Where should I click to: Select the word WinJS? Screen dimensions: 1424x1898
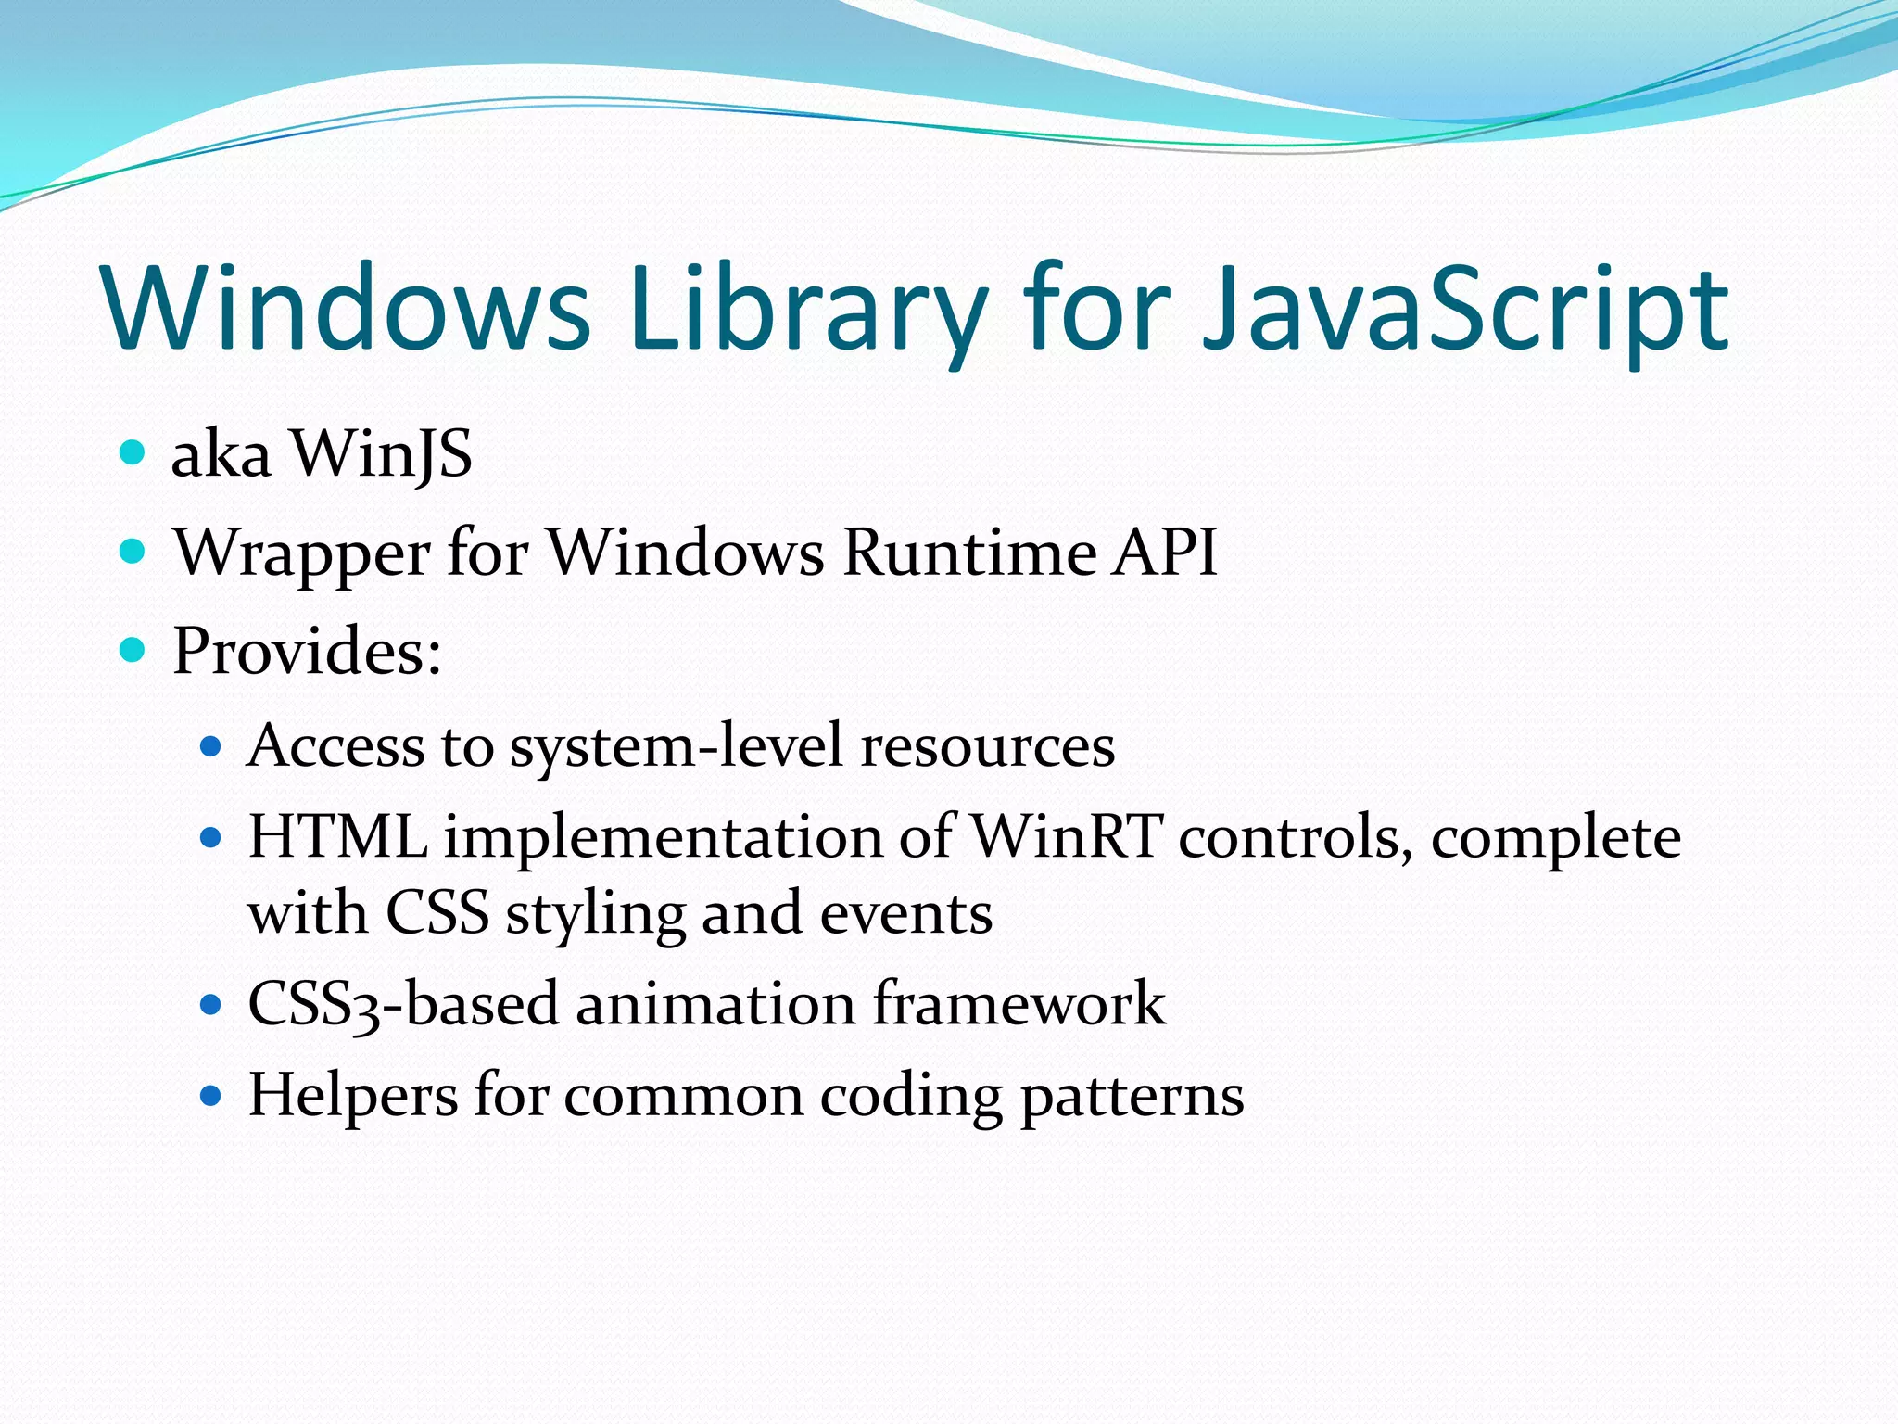click(x=381, y=454)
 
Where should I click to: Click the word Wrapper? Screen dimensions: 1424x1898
click(x=301, y=553)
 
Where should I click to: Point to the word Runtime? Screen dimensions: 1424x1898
click(x=969, y=553)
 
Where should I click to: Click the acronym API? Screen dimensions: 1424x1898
click(x=1165, y=553)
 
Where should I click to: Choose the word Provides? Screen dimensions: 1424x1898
click(x=307, y=651)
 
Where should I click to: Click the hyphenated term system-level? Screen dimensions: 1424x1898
click(x=677, y=747)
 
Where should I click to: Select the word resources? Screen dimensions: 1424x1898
click(x=987, y=745)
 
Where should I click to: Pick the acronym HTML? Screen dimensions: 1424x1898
click(x=337, y=836)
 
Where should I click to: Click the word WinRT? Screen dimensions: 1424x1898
click(x=1066, y=836)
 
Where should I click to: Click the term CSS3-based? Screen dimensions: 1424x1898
click(x=402, y=1004)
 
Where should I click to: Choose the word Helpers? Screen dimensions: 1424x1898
click(x=353, y=1095)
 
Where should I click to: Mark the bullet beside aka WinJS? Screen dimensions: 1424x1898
click(x=133, y=453)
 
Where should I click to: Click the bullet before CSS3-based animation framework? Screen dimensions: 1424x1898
click(x=211, y=1004)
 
